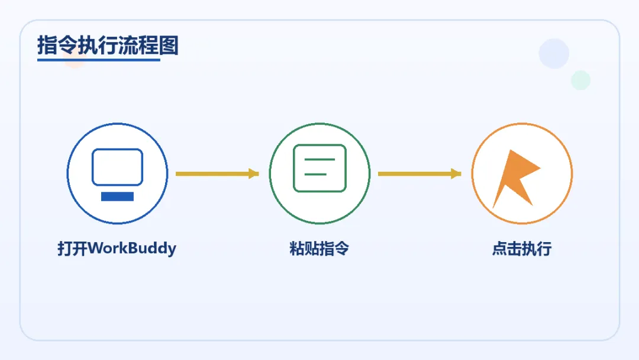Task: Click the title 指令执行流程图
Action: (x=108, y=45)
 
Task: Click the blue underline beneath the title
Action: (x=99, y=59)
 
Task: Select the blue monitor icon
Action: (x=117, y=168)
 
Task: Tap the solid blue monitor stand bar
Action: (x=117, y=197)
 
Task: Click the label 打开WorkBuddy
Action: (x=117, y=248)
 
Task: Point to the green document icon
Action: (x=319, y=168)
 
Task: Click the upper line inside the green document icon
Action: (x=319, y=160)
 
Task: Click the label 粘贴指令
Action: (x=319, y=248)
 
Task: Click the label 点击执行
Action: (x=522, y=248)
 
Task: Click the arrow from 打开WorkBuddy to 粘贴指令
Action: (x=216, y=173)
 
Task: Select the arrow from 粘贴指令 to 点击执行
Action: (x=418, y=173)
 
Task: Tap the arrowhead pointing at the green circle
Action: (x=254, y=173)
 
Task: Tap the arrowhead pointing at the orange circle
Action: (x=456, y=173)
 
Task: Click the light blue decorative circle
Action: (x=554, y=54)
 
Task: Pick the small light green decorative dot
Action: (x=580, y=80)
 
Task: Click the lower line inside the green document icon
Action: (x=316, y=174)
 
